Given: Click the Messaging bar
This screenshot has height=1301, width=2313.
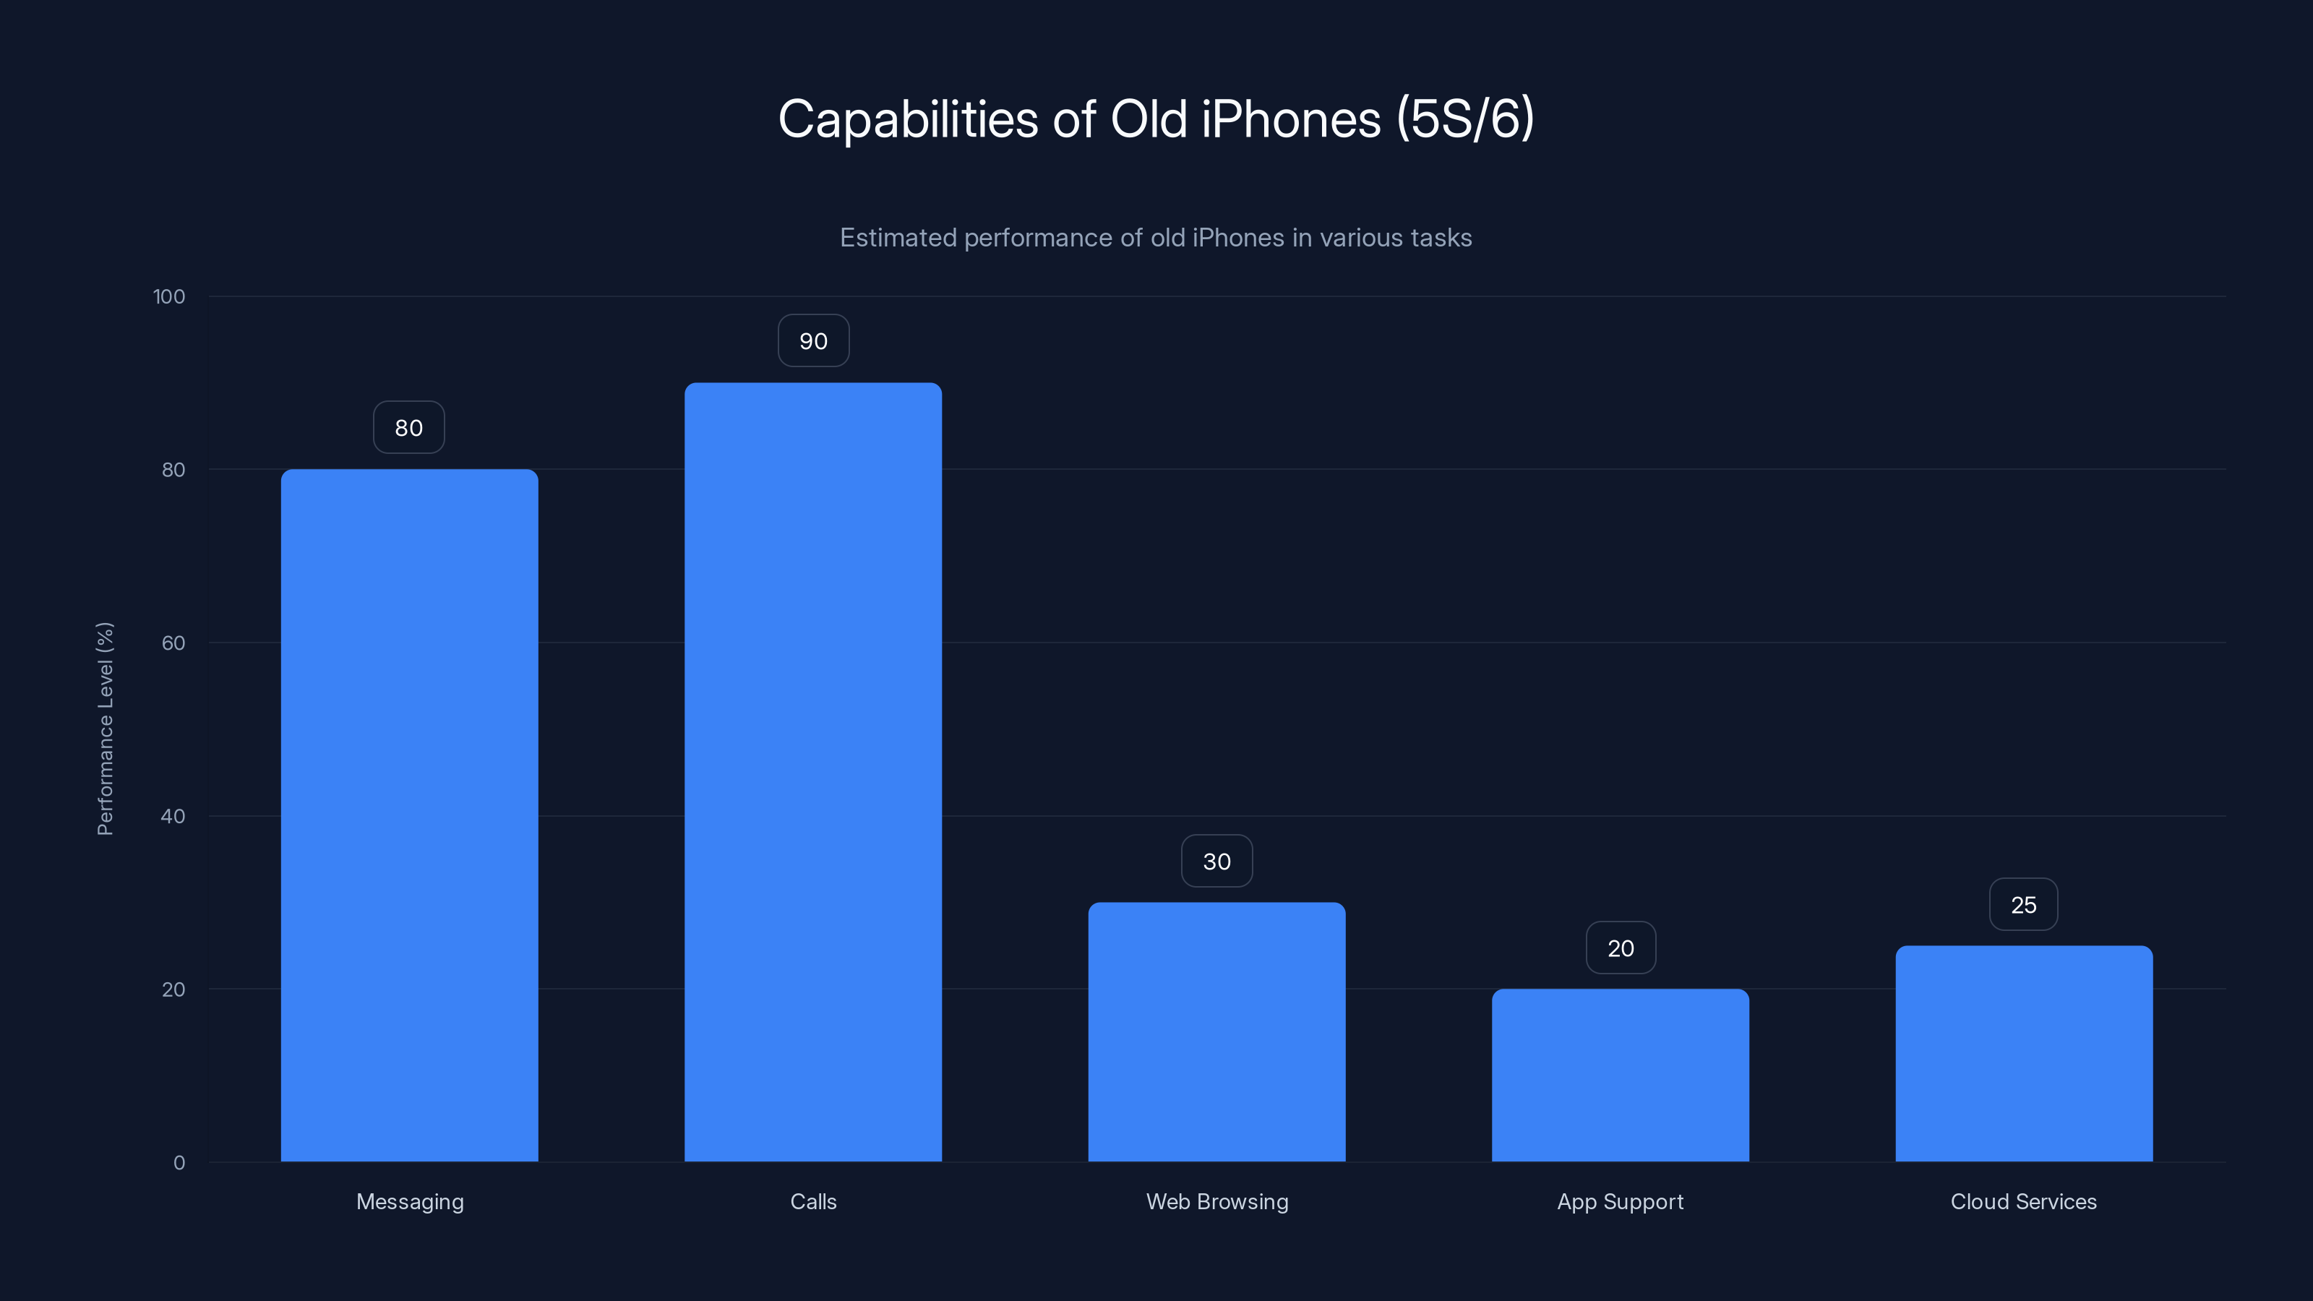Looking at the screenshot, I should [409, 815].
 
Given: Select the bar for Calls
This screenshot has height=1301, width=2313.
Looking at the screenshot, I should [813, 772].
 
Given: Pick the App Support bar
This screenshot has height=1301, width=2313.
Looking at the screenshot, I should [1620, 1075].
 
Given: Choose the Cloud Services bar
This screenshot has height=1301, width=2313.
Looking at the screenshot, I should [2024, 1053].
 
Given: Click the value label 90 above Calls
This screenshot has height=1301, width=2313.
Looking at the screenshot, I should [813, 341].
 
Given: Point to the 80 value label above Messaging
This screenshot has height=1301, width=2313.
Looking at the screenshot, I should [409, 429].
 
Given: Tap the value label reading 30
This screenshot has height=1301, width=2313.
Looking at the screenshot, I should [1216, 862].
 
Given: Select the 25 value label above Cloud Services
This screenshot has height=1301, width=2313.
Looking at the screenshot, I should [2024, 905].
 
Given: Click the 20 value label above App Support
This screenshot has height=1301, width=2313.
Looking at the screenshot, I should [1620, 948].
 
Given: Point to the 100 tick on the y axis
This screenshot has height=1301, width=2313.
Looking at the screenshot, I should [169, 296].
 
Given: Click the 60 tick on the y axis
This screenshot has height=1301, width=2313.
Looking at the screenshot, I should [173, 643].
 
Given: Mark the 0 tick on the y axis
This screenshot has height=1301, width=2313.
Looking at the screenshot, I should [179, 1163].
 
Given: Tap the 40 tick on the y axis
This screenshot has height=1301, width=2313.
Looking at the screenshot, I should [173, 816].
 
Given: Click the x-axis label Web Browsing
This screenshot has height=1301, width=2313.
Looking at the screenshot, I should [1216, 1201].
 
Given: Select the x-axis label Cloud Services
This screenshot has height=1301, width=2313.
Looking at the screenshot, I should [2024, 1201].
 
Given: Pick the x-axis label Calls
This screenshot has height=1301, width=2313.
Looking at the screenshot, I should [813, 1201].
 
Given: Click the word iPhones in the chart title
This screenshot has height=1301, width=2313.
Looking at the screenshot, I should [1291, 119].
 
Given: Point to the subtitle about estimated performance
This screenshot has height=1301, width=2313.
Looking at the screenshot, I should [1156, 238].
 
